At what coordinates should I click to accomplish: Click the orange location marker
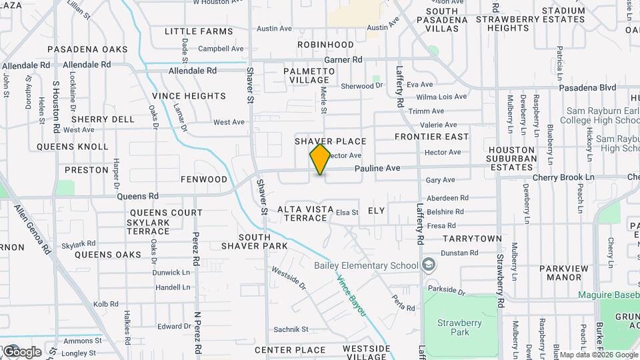tap(321, 159)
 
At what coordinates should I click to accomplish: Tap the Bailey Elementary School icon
tap(429, 265)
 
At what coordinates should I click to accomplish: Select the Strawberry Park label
tap(460, 327)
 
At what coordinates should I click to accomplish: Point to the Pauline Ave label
tap(377, 169)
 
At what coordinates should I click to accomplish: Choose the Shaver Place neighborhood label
tap(331, 141)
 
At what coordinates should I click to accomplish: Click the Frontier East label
tap(431, 137)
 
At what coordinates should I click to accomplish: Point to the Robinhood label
tap(325, 45)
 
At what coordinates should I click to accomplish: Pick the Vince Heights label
tap(189, 96)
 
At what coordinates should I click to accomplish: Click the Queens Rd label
tap(138, 197)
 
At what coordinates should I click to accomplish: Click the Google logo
tap(21, 351)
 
